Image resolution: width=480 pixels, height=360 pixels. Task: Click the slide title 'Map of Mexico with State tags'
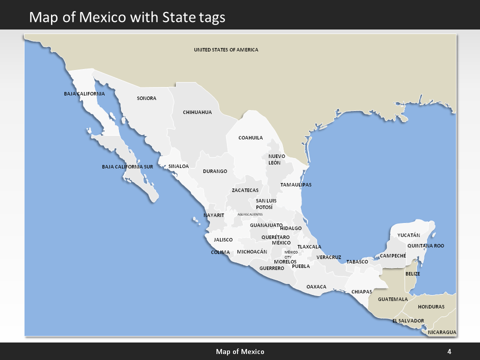[127, 17]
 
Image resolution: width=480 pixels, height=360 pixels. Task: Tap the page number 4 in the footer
[449, 351]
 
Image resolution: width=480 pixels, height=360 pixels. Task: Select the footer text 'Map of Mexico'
[240, 351]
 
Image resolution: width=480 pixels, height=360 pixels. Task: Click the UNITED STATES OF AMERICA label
[226, 49]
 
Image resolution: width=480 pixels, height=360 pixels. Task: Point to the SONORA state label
[146, 98]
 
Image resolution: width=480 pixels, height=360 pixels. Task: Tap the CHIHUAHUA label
[197, 112]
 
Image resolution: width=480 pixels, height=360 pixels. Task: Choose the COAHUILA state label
[250, 137]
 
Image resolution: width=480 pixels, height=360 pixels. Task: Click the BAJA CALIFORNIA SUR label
[127, 166]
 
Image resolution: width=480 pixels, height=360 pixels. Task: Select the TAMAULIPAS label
[295, 184]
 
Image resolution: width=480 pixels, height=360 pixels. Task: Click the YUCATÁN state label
[408, 235]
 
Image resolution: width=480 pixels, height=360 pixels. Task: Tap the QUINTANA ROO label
[425, 245]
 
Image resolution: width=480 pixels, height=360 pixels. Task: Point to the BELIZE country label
[412, 274]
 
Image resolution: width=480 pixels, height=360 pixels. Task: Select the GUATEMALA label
[393, 299]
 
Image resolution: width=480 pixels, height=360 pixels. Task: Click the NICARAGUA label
[442, 332]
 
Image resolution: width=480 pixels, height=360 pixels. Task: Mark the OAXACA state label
[316, 286]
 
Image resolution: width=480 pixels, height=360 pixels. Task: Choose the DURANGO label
[215, 171]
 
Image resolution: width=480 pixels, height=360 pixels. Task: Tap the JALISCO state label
[223, 239]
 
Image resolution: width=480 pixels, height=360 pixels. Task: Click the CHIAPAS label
[361, 291]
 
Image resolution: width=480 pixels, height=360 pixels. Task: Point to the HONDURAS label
[431, 306]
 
